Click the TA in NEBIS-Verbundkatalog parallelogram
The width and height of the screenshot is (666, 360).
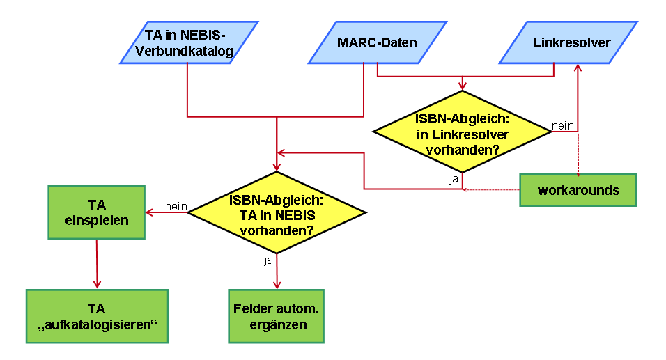(x=189, y=42)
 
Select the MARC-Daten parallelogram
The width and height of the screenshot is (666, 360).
(x=377, y=42)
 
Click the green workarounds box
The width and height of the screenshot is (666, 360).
(x=578, y=190)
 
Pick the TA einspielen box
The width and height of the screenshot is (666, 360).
(x=96, y=212)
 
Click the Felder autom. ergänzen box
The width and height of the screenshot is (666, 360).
(x=277, y=315)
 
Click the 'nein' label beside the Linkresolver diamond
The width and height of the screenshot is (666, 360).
(x=562, y=125)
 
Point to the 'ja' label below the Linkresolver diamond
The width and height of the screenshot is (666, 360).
(x=454, y=179)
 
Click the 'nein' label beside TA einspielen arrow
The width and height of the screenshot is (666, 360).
(x=176, y=206)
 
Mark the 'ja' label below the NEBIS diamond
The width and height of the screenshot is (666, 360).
(x=268, y=260)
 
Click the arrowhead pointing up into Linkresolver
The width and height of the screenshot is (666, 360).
(x=577, y=68)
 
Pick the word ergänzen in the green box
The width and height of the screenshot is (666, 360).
(x=277, y=324)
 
